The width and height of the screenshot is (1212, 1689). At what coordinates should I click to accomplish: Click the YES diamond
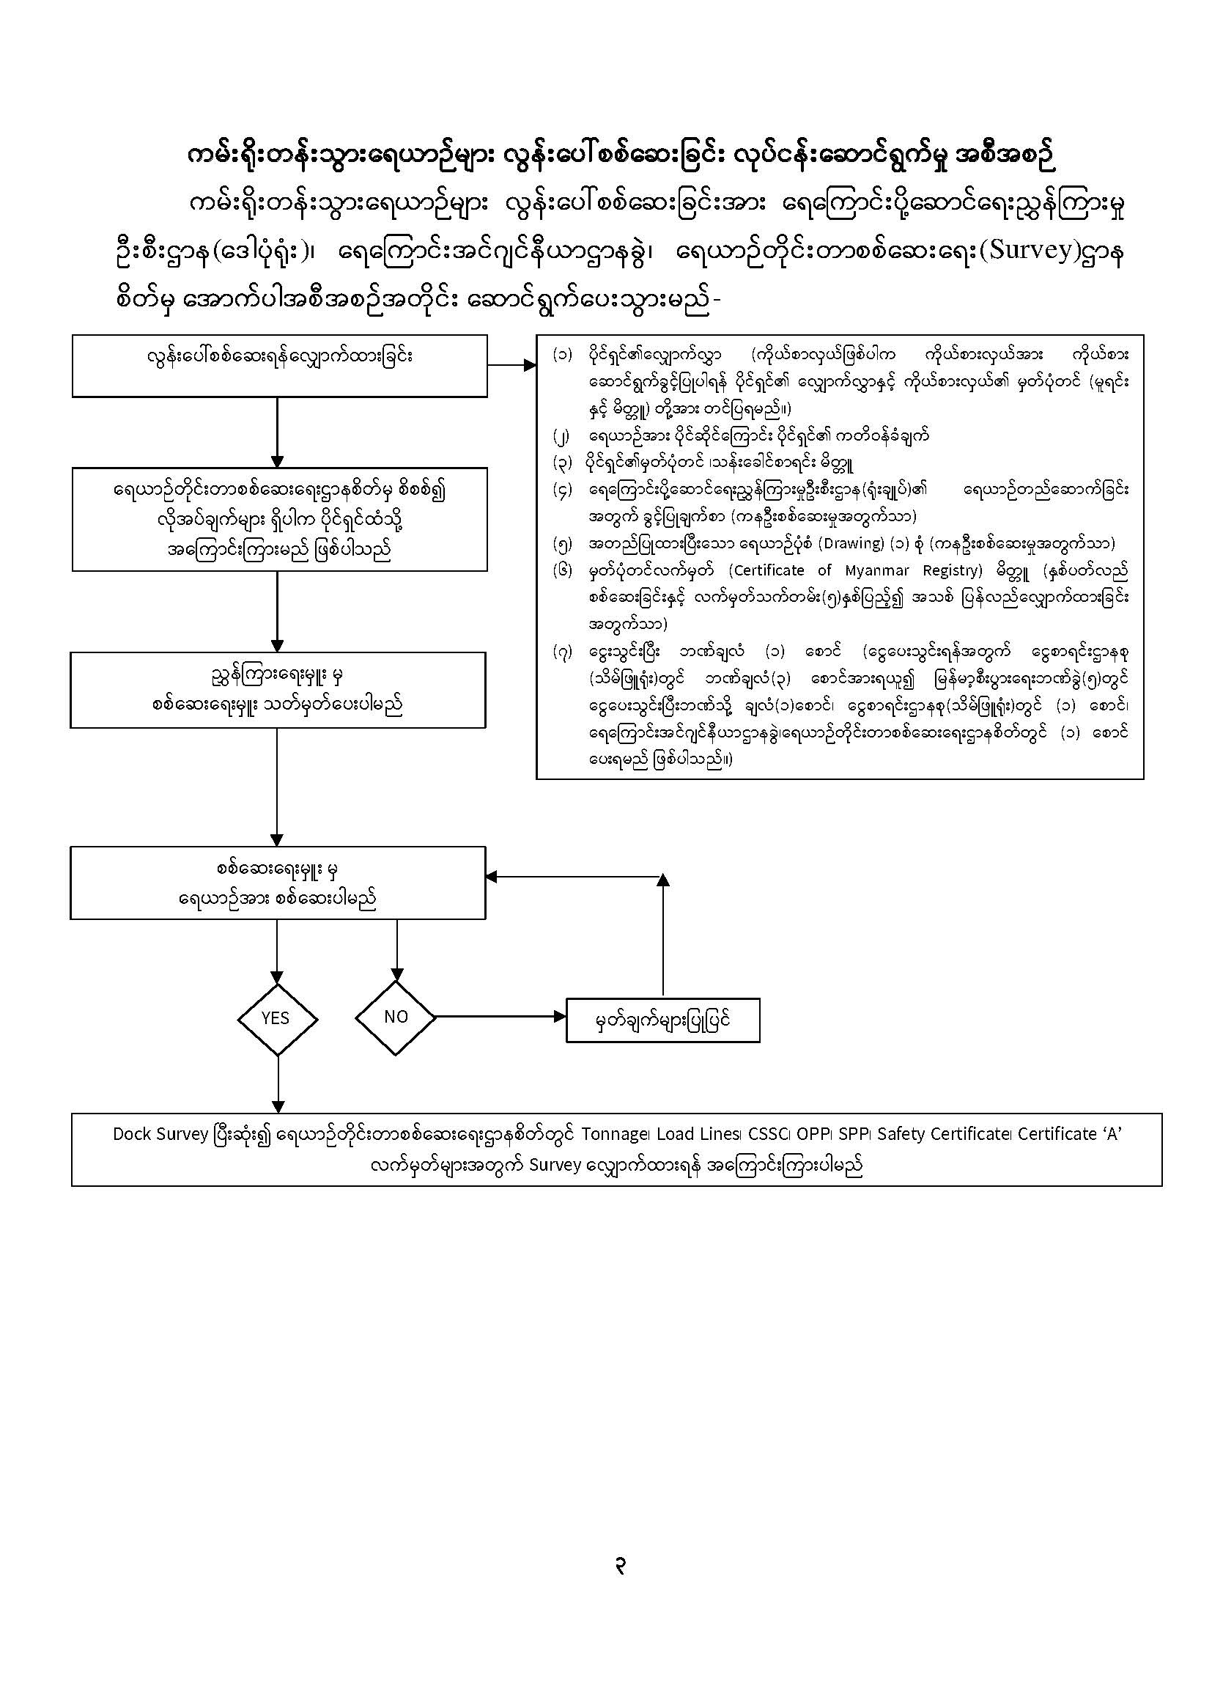[x=276, y=1018]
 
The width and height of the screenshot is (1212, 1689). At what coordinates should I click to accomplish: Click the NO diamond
[x=395, y=1018]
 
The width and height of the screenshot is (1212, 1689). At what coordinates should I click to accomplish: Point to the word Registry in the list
[x=943, y=570]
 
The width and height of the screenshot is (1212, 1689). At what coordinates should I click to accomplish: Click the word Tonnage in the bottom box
[x=614, y=1134]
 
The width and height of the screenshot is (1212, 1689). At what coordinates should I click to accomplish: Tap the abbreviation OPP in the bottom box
[x=812, y=1134]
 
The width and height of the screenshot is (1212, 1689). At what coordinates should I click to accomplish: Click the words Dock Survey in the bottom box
[x=160, y=1134]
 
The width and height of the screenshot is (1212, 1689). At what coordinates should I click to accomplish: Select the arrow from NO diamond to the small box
[x=499, y=1017]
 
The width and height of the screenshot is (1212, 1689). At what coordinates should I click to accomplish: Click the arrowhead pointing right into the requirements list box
[x=530, y=365]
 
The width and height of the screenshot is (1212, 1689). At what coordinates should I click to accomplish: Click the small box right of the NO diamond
[x=662, y=1020]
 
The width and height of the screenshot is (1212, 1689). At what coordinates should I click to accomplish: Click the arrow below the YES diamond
[x=277, y=1083]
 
